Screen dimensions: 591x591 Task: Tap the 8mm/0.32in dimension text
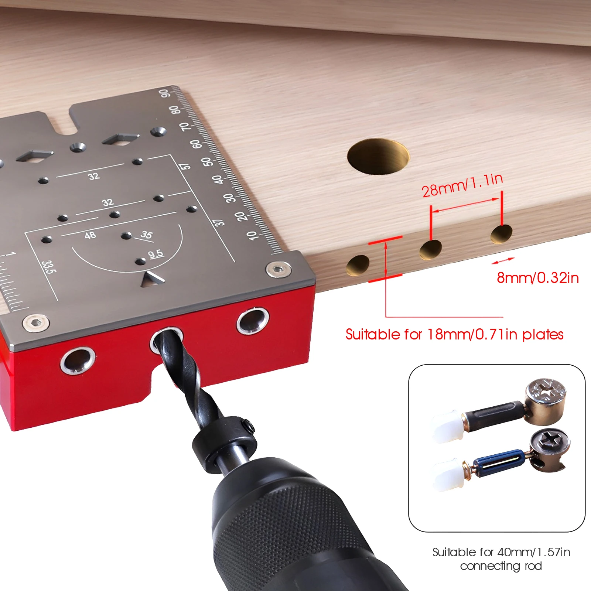coord(538,278)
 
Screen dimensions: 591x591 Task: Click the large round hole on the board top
coord(378,156)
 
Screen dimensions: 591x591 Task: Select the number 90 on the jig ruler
coord(165,93)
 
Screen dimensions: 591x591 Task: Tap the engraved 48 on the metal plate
coord(90,235)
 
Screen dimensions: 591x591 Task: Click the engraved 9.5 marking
coord(156,254)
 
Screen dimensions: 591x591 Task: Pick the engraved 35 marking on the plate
coord(146,235)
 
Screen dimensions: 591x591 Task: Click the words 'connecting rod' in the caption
coord(501,566)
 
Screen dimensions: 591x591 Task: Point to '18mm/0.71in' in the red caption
coord(466,335)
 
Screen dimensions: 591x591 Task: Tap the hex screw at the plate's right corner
coord(278,269)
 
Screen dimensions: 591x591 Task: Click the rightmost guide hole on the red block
coord(253,320)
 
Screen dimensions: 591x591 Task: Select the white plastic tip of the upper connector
coord(447,426)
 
